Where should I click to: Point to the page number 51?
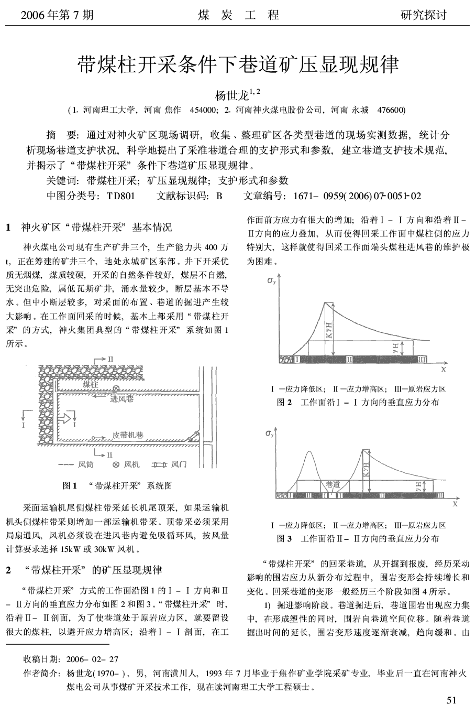coord(451,700)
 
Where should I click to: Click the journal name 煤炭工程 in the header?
coord(238,15)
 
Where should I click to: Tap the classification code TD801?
coord(120,196)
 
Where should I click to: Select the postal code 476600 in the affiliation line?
coord(390,110)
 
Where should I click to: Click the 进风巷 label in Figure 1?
coord(121,399)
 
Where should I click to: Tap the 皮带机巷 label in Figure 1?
coord(128,435)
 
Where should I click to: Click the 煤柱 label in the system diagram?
coord(90,385)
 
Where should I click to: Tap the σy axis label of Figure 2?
coord(271,280)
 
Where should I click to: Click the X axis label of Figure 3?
coord(455,503)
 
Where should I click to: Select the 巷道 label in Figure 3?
coord(333,484)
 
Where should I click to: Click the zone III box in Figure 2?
coord(422,359)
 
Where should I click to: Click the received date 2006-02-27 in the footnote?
coord(92,658)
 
